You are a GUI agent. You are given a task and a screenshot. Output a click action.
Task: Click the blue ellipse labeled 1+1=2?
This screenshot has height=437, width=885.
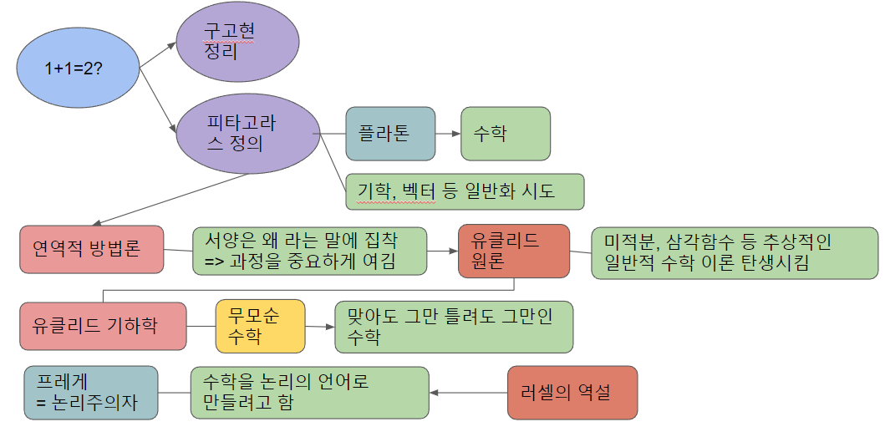click(x=74, y=69)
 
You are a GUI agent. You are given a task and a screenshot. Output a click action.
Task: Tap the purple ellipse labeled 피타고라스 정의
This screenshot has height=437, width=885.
click(x=242, y=133)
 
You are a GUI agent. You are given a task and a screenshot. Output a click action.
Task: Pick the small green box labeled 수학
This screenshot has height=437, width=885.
click(x=505, y=134)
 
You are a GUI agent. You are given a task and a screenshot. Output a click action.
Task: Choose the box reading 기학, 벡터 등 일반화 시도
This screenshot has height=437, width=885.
click(x=464, y=191)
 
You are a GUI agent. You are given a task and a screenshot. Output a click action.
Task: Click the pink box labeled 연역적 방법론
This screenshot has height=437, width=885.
click(x=91, y=249)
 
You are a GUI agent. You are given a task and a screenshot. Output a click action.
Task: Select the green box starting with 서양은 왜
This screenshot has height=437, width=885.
click(x=309, y=252)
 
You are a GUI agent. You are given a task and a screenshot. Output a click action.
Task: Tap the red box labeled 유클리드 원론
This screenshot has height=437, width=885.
click(x=513, y=251)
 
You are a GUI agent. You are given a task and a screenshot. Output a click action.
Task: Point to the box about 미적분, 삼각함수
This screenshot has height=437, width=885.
click(x=735, y=252)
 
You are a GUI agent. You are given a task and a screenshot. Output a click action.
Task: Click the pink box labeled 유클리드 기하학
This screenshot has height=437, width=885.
click(x=102, y=326)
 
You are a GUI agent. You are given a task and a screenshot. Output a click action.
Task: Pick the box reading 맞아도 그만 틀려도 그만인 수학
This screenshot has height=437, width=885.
click(x=454, y=326)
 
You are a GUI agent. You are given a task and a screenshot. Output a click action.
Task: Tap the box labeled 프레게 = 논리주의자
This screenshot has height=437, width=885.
click(x=91, y=392)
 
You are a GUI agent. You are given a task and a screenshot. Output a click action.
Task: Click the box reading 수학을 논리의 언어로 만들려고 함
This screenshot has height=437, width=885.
click(x=309, y=393)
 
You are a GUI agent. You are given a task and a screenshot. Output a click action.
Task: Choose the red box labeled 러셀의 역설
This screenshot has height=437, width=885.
click(x=572, y=393)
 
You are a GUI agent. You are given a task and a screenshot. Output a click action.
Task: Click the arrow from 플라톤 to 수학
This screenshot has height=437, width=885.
click(x=448, y=134)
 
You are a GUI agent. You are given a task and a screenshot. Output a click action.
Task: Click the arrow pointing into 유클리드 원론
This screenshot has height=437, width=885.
click(x=442, y=250)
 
